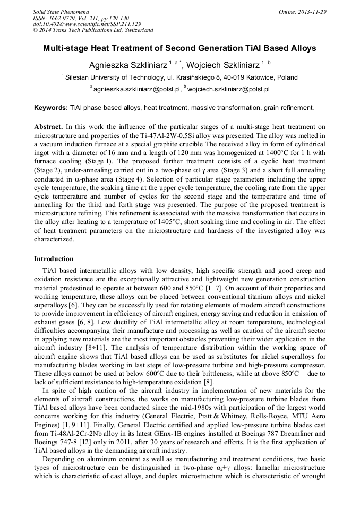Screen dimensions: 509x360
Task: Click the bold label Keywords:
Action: (51, 108)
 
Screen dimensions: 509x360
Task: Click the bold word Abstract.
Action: (49, 127)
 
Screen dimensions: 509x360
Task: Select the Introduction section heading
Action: (54, 259)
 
